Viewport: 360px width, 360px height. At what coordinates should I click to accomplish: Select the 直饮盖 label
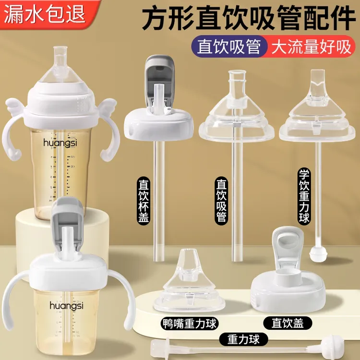click(288, 322)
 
